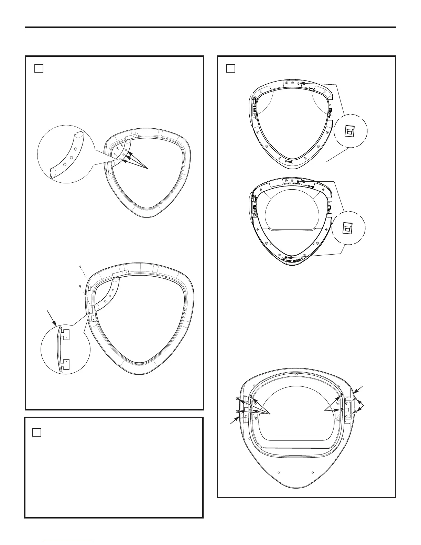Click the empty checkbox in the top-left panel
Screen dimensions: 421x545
click(39, 68)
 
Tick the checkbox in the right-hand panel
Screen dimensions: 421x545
click(231, 68)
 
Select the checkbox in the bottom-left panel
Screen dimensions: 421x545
click(37, 432)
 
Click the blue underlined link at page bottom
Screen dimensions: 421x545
click(68, 543)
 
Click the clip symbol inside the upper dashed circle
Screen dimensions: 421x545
click(349, 131)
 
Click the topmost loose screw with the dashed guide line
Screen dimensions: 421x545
click(80, 267)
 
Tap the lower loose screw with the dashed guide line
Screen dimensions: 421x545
click(80, 286)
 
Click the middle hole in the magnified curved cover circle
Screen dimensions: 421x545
click(72, 158)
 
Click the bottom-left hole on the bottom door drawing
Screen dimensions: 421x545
click(279, 472)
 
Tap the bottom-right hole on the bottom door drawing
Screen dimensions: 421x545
click(312, 472)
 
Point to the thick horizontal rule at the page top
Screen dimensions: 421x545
click(210, 27)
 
